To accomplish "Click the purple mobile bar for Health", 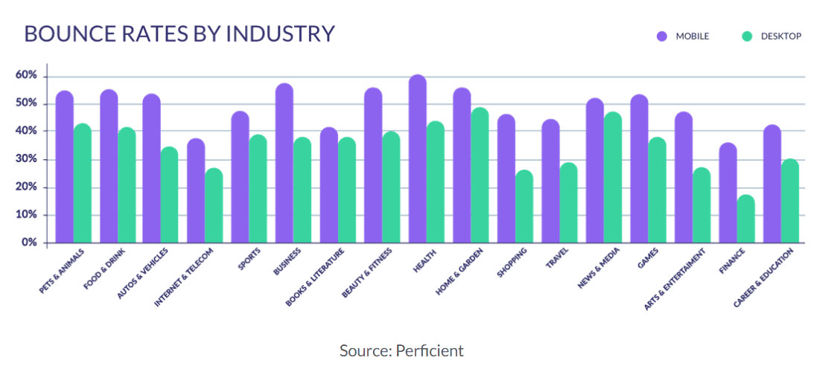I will point(418,159).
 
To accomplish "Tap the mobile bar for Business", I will point(284,164).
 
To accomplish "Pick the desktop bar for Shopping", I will point(524,207).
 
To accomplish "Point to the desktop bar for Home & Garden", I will point(480,176).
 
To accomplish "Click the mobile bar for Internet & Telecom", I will point(196,191).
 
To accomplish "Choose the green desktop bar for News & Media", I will point(613,178).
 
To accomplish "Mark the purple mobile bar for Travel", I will point(550,182).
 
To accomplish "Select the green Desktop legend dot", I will point(748,36).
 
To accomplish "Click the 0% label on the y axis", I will point(29,243).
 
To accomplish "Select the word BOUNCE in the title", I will point(63,34).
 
